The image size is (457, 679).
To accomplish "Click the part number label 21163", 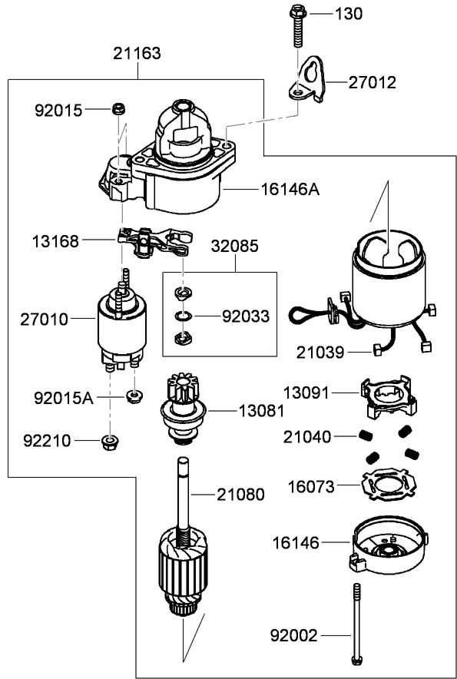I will coord(137,54).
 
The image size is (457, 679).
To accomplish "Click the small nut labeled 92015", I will coord(119,109).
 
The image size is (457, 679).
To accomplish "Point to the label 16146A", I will coord(290,188).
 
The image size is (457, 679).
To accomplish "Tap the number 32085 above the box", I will coord(235,247).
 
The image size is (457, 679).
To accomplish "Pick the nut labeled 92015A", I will coord(133,396).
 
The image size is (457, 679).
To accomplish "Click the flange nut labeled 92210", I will coord(109,442).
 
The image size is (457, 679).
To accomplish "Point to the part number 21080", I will coord(240,495).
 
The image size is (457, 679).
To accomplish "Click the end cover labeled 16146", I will coord(388,547).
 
